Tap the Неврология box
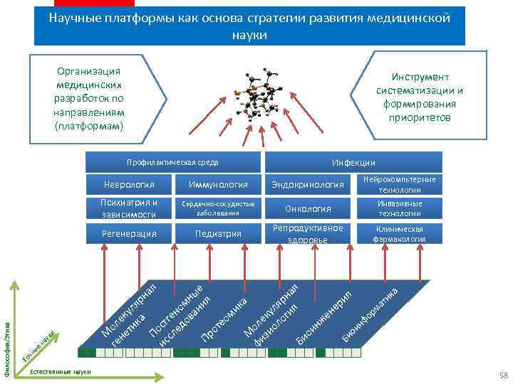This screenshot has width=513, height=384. [x=129, y=185]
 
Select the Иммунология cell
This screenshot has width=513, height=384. [x=219, y=185]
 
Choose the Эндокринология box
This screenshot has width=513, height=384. [x=308, y=185]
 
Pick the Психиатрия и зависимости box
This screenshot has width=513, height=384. [x=129, y=208]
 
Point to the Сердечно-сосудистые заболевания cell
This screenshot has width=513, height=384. [x=219, y=208]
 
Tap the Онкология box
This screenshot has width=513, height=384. [x=308, y=208]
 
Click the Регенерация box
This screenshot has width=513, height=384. [x=129, y=233]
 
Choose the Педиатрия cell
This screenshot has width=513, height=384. [x=219, y=233]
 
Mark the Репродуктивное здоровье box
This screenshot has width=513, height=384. [x=308, y=233]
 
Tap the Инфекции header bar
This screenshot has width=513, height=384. [x=353, y=162]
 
